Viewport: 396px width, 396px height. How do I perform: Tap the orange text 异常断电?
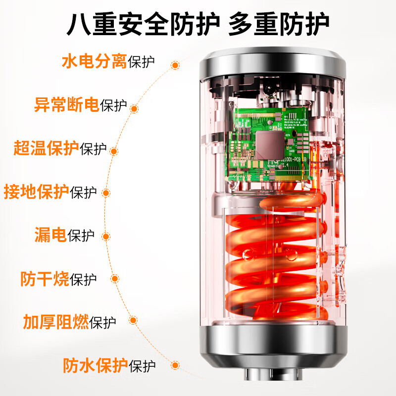point(66,105)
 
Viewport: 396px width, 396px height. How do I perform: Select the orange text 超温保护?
point(46,148)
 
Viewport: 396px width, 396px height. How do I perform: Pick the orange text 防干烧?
point(45,278)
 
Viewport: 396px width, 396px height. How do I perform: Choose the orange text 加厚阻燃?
point(56,322)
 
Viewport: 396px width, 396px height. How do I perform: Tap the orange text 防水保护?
point(95,365)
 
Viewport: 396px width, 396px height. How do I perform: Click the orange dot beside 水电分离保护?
point(175,65)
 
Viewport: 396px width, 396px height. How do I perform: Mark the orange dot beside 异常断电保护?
point(135,108)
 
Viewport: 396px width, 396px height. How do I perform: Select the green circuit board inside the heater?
point(267,144)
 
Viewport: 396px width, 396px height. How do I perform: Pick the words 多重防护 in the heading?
point(278,24)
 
